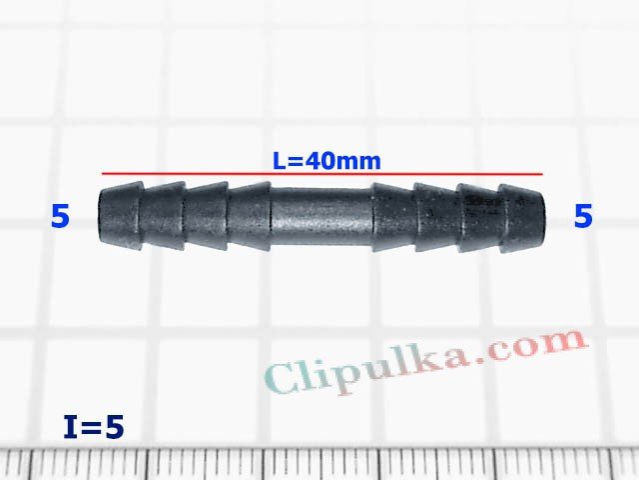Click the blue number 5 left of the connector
point(60,216)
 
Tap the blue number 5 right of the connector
point(583,216)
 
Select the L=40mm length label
point(326,160)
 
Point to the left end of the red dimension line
point(102,174)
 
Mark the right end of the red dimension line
point(542,174)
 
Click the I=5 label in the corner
point(93,427)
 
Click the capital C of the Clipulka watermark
point(285,379)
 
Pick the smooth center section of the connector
point(320,216)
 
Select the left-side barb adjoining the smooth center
point(250,216)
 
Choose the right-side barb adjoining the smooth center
point(391,216)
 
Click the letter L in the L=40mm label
point(280,160)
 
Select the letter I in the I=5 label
point(69,427)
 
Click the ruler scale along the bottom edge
point(319,464)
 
